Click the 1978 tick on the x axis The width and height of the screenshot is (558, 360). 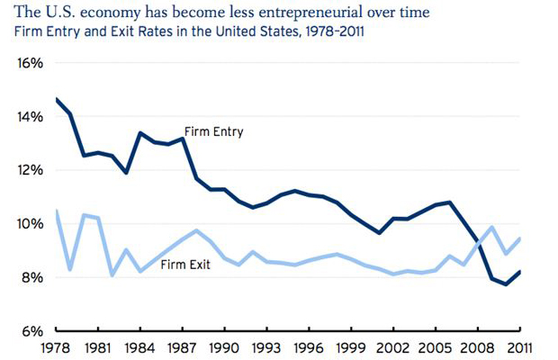58,346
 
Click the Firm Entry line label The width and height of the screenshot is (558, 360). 214,131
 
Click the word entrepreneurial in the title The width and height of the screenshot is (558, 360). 303,13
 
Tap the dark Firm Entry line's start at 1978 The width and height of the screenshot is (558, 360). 57,99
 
